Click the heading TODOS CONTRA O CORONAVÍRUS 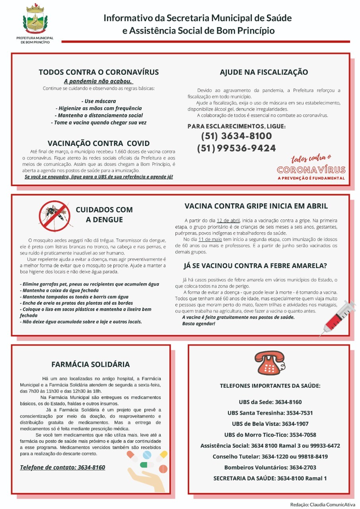click(x=99, y=72)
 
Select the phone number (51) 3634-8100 click(x=236, y=136)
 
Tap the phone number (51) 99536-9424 click(x=236, y=148)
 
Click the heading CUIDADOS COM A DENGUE click(x=104, y=215)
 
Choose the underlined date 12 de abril click(x=228, y=220)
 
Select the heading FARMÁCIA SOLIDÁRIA click(x=91, y=364)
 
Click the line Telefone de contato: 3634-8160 click(x=62, y=467)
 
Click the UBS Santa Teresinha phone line click(x=270, y=413)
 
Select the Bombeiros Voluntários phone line click(x=270, y=467)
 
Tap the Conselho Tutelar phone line click(x=270, y=457)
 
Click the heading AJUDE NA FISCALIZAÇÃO click(x=264, y=72)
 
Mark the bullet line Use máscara click(x=99, y=101)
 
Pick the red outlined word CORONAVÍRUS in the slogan click(x=311, y=170)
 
